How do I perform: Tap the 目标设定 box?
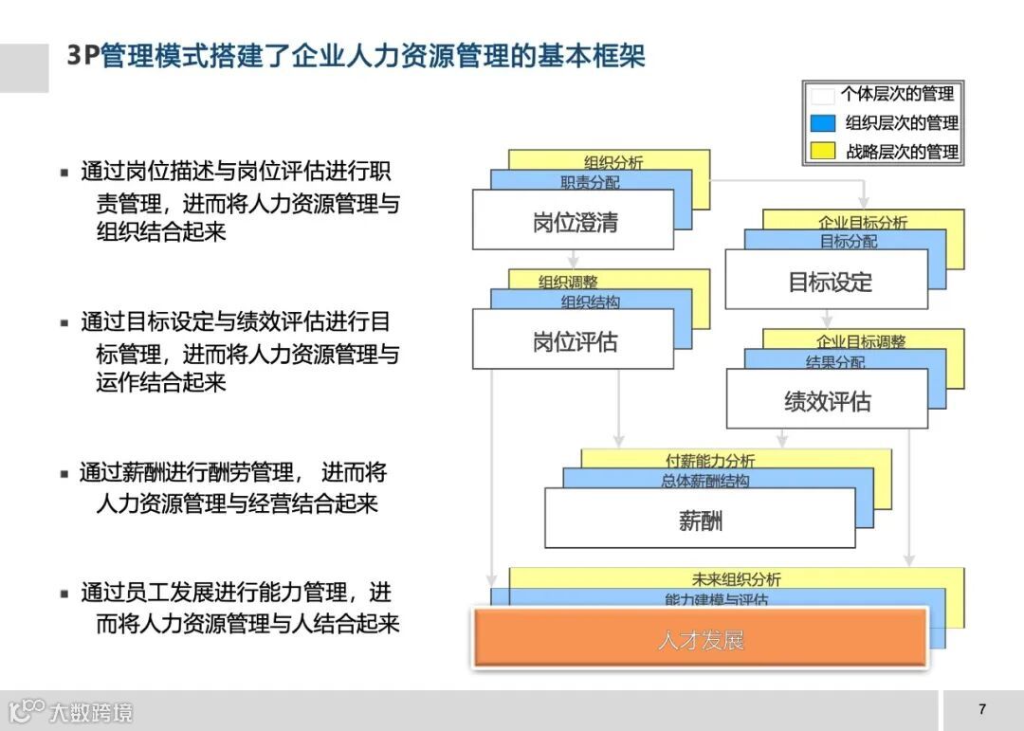pyautogui.click(x=827, y=281)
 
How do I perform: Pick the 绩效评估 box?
pyautogui.click(x=827, y=400)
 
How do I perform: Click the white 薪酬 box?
pyautogui.click(x=700, y=519)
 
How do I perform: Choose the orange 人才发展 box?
pyautogui.click(x=700, y=639)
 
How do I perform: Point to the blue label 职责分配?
pyautogui.click(x=590, y=182)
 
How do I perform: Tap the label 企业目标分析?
pyautogui.click(x=863, y=222)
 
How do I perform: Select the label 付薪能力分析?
pyautogui.click(x=710, y=461)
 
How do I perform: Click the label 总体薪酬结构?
pyautogui.click(x=705, y=481)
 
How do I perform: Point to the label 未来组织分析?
pyautogui.click(x=737, y=579)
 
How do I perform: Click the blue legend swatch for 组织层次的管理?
pyautogui.click(x=822, y=123)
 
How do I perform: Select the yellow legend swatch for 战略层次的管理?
pyautogui.click(x=822, y=151)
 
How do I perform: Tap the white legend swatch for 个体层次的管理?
pyautogui.click(x=822, y=95)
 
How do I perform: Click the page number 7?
pyautogui.click(x=981, y=709)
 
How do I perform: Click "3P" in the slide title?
pyautogui.click(x=82, y=56)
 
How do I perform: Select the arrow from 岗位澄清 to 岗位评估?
pyautogui.click(x=573, y=259)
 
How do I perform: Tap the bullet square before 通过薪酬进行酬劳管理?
pyautogui.click(x=64, y=474)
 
